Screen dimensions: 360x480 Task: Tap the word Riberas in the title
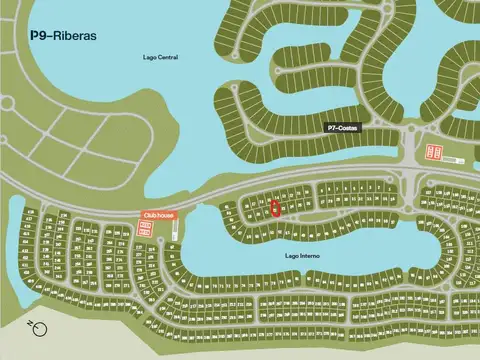pyautogui.click(x=75, y=35)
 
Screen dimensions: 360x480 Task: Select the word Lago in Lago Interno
pyautogui.click(x=291, y=256)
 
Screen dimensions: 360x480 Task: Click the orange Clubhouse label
pyautogui.click(x=152, y=214)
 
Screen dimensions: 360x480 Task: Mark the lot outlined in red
pyautogui.click(x=276, y=208)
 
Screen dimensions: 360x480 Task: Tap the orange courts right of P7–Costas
pyautogui.click(x=435, y=152)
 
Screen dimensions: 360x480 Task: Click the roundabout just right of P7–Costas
pyautogui.click(x=411, y=132)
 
